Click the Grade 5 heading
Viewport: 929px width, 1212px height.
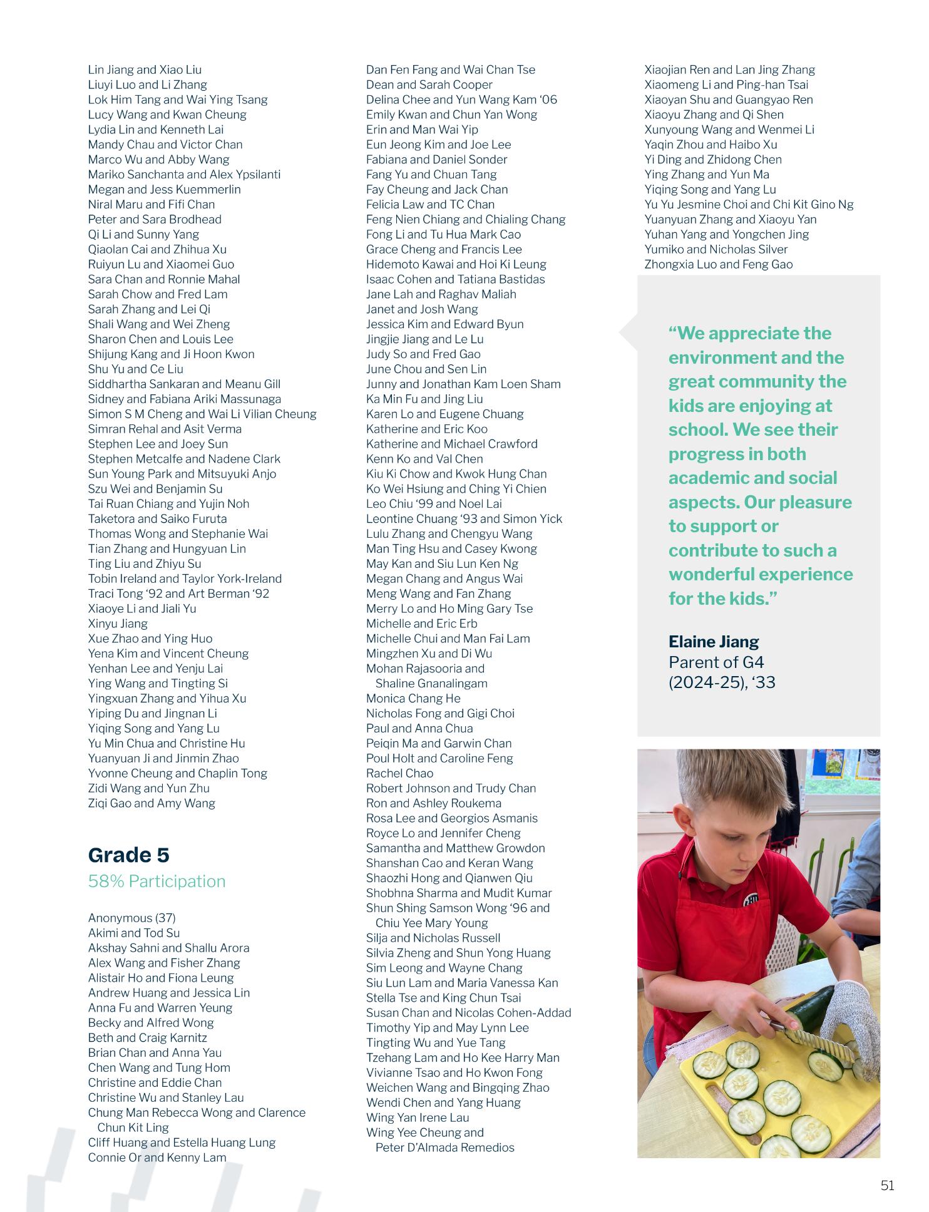click(128, 855)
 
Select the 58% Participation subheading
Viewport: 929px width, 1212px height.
click(157, 881)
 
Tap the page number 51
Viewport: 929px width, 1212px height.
click(887, 1186)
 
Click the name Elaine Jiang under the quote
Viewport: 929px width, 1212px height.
click(713, 642)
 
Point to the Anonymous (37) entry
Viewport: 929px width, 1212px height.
click(131, 918)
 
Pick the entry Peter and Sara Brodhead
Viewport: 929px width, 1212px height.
click(154, 220)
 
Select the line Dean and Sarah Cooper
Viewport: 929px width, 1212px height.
click(429, 85)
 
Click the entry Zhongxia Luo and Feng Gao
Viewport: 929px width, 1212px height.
click(718, 265)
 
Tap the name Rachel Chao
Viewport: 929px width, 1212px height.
click(399, 774)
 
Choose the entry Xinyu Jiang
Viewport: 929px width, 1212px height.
click(118, 624)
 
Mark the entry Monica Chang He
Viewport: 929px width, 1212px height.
click(413, 699)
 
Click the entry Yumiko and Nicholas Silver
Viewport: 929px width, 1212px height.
click(716, 250)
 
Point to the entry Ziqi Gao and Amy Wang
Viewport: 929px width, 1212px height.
click(151, 804)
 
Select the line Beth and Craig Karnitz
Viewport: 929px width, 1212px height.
click(147, 1038)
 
